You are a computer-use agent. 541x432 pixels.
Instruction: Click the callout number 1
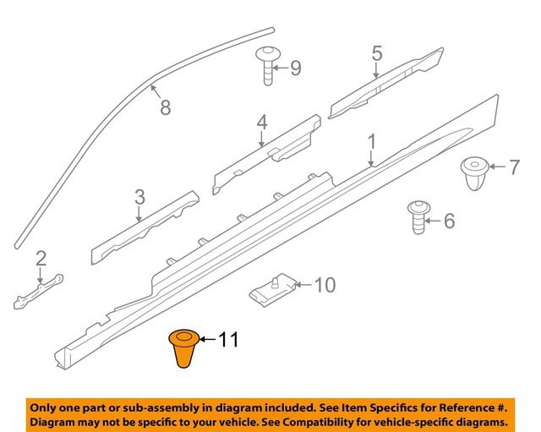(371, 139)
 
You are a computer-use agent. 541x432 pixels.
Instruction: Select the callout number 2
(41, 259)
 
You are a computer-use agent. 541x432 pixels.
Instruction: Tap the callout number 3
(139, 198)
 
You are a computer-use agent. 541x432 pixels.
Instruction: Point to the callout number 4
(262, 123)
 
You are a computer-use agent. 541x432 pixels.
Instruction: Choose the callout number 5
(376, 55)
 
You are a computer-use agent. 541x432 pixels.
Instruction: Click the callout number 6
(448, 221)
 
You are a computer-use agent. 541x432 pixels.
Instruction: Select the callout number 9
(295, 68)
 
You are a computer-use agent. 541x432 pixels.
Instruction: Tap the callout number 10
(325, 285)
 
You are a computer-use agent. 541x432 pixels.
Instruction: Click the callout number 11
(228, 341)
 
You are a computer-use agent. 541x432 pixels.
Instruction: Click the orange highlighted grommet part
(183, 349)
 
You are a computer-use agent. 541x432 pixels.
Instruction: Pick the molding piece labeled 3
(144, 227)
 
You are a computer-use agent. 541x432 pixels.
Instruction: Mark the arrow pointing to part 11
(208, 341)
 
